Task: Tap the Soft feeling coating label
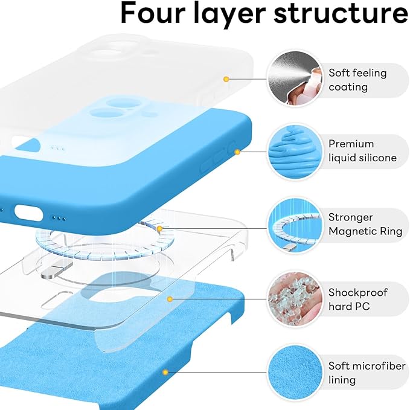click(357, 80)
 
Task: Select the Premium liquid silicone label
click(362, 151)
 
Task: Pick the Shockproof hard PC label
click(357, 299)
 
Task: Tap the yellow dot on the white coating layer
click(226, 79)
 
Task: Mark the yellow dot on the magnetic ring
click(159, 229)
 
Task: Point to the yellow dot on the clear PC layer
click(171, 299)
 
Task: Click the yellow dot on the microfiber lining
click(164, 373)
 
